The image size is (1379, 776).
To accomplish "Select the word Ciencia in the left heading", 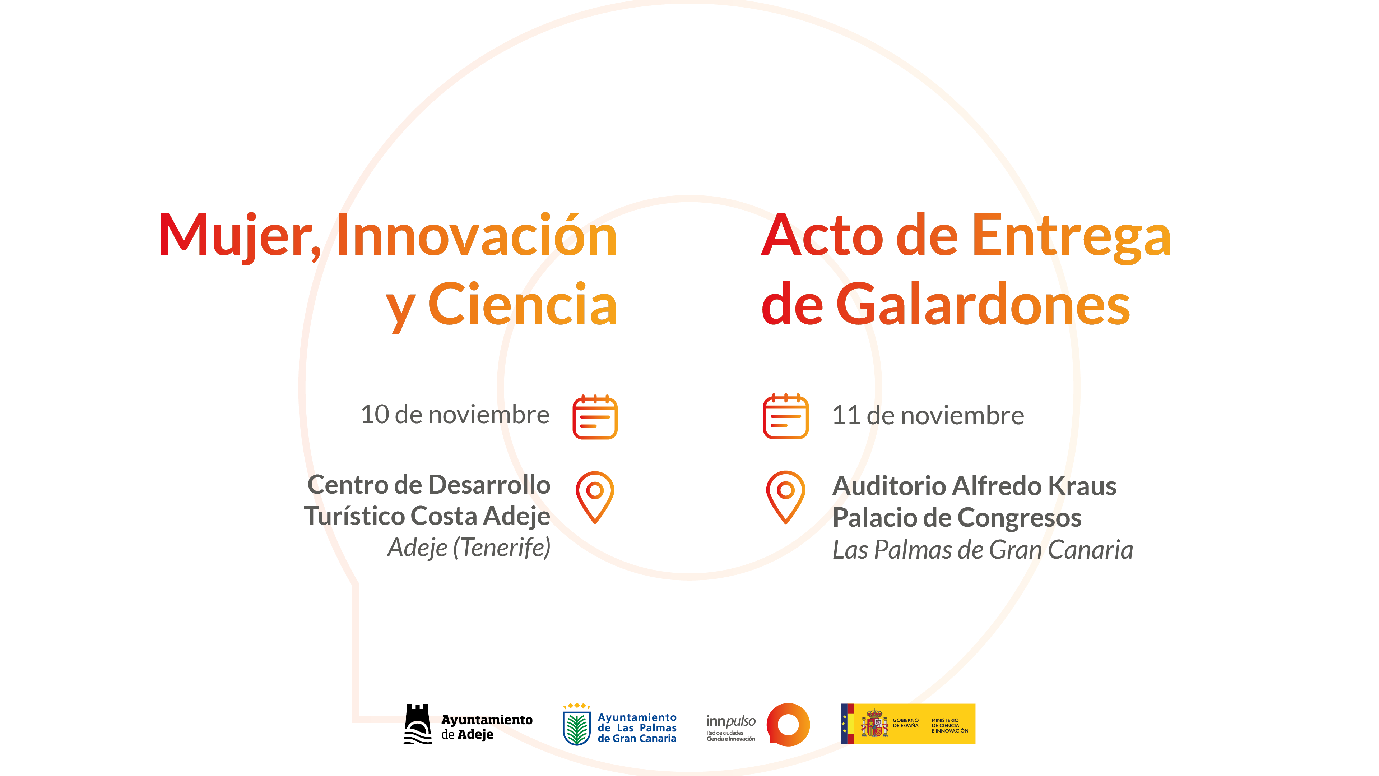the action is click(523, 304).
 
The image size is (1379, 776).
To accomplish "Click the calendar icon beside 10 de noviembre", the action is click(595, 417).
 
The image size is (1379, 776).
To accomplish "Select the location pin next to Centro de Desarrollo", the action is click(595, 497).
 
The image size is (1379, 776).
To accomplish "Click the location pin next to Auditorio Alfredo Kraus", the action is click(785, 497).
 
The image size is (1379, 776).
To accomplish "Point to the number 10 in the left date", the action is click(375, 415).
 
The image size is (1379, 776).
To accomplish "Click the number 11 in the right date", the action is click(845, 416).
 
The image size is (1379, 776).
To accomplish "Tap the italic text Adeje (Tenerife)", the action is click(469, 547).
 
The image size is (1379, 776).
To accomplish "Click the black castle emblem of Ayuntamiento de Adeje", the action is click(418, 724).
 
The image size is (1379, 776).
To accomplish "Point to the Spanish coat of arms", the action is click(874, 723).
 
